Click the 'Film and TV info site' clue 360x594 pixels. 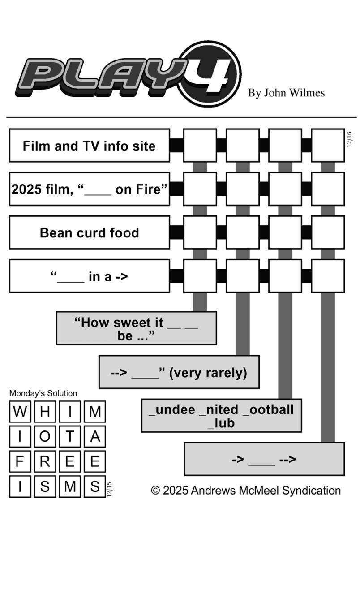coord(89,146)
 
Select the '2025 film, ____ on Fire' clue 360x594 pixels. coord(89,189)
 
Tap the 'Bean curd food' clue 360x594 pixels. coord(89,232)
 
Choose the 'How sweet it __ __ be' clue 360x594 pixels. coord(136,328)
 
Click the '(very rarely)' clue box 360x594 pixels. coord(179,372)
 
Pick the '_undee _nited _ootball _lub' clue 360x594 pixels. coord(221,416)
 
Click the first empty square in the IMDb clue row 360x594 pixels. coord(200,146)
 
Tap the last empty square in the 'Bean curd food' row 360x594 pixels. coord(328,232)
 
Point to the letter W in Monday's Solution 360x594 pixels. coord(20,412)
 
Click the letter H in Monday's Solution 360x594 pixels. coord(45,412)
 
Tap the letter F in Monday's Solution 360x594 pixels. coord(20,462)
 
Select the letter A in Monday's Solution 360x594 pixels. coord(94,437)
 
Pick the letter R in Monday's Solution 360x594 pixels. coord(45,462)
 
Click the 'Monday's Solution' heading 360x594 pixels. coord(43,393)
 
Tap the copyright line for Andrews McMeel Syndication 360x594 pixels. coord(246,491)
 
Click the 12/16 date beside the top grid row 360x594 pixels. coord(349,139)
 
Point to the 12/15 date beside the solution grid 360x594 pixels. coord(109,489)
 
